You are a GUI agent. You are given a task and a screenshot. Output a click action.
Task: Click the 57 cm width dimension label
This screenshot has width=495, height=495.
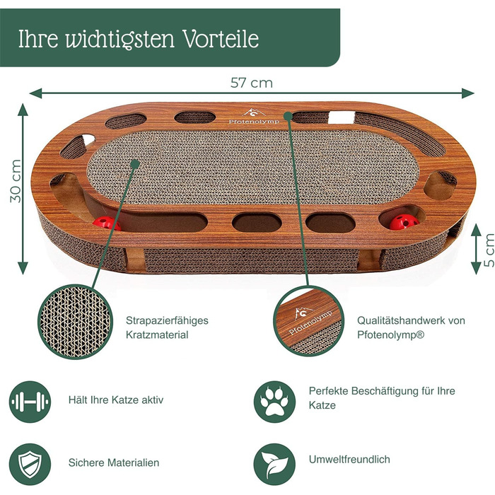tap(251, 83)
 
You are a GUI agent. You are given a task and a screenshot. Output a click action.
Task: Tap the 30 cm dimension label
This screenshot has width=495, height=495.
tap(15, 181)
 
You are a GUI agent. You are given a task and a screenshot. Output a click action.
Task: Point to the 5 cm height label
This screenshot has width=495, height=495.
tap(489, 250)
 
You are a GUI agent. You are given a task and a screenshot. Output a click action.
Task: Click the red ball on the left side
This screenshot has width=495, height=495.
tap(106, 223)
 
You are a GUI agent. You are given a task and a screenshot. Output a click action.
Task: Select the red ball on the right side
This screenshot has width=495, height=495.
tap(404, 222)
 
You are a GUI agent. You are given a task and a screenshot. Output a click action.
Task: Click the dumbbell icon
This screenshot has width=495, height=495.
tap(30, 402)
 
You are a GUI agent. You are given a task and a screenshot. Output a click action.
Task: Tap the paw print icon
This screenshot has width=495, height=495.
tap(274, 402)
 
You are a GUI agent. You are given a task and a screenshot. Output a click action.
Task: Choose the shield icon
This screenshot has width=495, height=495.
tap(30, 464)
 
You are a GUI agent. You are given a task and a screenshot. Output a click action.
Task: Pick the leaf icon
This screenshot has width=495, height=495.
tap(274, 464)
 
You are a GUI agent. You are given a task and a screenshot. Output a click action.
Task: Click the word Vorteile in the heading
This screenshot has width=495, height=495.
tap(221, 39)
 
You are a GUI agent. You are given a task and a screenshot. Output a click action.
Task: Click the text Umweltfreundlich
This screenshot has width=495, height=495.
tap(349, 460)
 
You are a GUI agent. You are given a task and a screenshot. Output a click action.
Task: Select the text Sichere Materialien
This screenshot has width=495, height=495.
tap(114, 462)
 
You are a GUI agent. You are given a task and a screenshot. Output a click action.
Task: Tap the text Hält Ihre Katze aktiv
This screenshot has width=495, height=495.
tap(116, 400)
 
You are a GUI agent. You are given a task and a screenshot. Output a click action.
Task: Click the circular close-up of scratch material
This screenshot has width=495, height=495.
tap(75, 322)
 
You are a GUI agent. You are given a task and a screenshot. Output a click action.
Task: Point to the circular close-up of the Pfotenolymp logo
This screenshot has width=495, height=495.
tap(309, 322)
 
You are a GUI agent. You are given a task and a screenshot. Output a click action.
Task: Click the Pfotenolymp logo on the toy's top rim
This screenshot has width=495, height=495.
tap(254, 117)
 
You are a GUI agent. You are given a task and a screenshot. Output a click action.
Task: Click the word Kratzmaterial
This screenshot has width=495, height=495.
tap(157, 334)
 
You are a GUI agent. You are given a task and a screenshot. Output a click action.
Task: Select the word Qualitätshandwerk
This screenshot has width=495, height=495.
tap(400, 320)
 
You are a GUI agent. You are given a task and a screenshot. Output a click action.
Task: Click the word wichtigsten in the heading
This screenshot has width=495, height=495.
tap(120, 39)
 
